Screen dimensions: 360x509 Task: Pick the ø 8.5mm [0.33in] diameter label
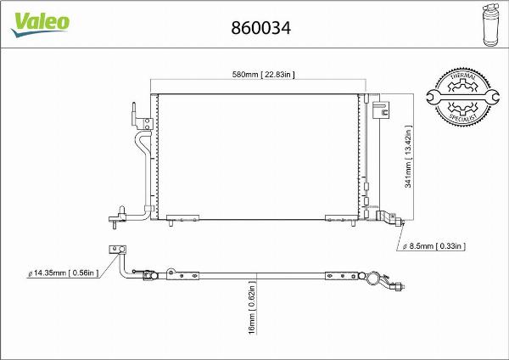(433, 246)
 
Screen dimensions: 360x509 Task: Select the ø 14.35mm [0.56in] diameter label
(64, 272)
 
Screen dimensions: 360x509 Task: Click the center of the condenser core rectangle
(259, 154)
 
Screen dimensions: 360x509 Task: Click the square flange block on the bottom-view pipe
(116, 249)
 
